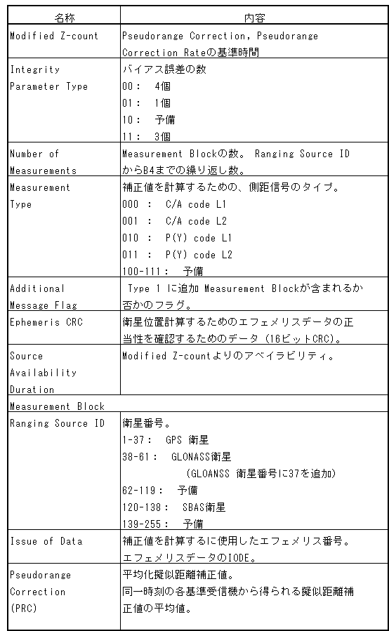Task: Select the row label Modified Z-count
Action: pyautogui.click(x=54, y=36)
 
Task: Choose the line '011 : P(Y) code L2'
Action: pyautogui.click(x=177, y=255)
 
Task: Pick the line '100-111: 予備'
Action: pyautogui.click(x=162, y=272)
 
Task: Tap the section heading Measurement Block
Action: pyautogui.click(x=57, y=406)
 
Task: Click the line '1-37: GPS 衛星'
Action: pyautogui.click(x=165, y=440)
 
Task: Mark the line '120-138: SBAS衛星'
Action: pyautogui.click(x=173, y=507)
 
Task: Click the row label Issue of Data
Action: pyautogui.click(x=46, y=541)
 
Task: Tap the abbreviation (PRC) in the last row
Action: pyautogui.click(x=24, y=609)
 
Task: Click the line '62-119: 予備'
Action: pyautogui.click(x=159, y=490)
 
